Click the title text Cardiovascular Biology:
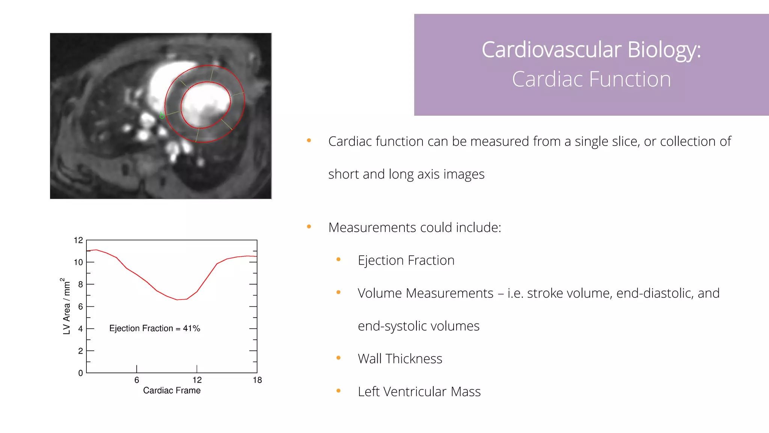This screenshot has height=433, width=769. coord(591,50)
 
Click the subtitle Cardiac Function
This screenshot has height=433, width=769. coord(591,79)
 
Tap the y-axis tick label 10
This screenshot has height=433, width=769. coord(78,262)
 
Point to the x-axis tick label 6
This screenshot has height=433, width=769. coord(137,380)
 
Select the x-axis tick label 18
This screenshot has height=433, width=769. coord(257,380)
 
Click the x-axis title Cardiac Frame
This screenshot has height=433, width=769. coord(172,391)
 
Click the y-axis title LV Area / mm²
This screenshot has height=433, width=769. coord(66,306)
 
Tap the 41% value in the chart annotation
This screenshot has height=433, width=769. coord(191,329)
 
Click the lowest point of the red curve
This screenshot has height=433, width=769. coord(177,300)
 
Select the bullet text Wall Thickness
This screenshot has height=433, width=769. coord(400,359)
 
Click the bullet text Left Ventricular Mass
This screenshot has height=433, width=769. coord(419,392)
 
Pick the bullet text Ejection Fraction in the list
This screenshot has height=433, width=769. coord(406,260)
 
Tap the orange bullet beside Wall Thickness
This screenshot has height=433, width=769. coord(338,358)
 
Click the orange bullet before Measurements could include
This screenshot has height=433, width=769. coord(309,227)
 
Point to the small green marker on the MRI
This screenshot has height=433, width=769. coord(162,115)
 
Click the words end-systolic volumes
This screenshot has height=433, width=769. coord(418,326)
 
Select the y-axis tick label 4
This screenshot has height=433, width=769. coord(80,329)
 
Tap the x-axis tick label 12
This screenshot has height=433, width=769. coord(197,380)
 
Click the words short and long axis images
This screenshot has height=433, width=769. coord(406,174)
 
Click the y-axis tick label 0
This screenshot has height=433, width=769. coord(80,373)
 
